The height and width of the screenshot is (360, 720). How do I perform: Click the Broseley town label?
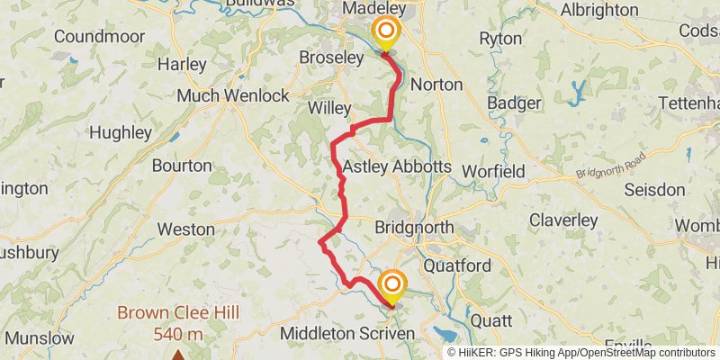coord(331,57)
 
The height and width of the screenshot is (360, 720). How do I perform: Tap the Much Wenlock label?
coord(233,95)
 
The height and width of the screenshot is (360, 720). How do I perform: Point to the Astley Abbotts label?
coord(396,166)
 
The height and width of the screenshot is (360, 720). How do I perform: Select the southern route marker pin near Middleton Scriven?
coord(392,287)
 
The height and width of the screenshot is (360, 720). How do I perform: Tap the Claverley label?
coord(563,220)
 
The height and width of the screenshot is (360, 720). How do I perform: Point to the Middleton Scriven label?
coord(347,334)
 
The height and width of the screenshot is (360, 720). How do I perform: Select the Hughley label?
coord(121,132)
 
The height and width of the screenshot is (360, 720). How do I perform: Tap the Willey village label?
coord(329,108)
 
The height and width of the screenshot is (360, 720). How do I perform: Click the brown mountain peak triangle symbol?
coord(178,355)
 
